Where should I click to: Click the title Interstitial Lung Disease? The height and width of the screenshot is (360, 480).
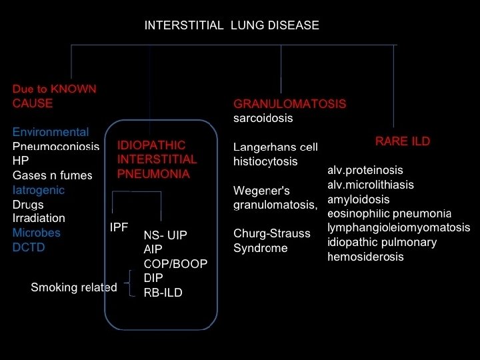pos(231,25)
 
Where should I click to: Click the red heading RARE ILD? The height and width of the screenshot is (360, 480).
pos(403,141)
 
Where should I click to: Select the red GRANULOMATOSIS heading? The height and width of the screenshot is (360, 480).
pos(289,104)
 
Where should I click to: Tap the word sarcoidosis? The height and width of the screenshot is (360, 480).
pos(263,118)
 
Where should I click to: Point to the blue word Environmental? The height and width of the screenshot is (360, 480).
pos(51,132)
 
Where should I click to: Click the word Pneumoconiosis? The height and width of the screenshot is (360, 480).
pos(56,147)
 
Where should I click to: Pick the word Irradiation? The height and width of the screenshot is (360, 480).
pos(39,218)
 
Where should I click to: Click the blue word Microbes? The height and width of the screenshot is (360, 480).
pos(37,233)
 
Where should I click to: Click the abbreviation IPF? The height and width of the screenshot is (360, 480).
pos(119,227)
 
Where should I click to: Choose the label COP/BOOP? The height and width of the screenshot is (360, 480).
pos(175,263)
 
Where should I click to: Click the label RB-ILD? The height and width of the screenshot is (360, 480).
pos(163,293)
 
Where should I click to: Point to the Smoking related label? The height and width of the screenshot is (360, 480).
pos(73,287)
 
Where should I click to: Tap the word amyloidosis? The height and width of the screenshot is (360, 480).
pos(359,199)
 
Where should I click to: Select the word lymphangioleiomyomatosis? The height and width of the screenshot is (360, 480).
pos(399,228)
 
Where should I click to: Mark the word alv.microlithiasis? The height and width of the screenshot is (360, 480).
pos(371,185)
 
